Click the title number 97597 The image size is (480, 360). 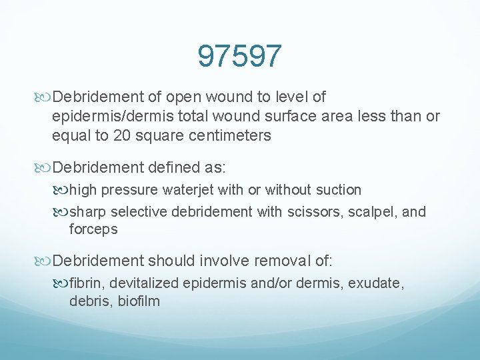point(239,57)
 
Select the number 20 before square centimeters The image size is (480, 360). point(110,136)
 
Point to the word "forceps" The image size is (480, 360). point(93,229)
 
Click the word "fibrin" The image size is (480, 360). point(85,283)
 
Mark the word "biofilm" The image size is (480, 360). point(138,301)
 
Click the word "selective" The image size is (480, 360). point(139,212)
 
